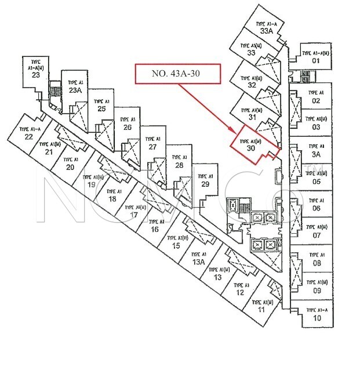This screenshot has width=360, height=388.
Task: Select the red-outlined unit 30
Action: tap(251, 145)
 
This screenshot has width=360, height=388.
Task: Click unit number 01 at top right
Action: tap(316, 60)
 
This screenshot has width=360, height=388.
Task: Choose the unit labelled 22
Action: tap(28, 137)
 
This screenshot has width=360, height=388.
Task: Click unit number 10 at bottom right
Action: tap(317, 318)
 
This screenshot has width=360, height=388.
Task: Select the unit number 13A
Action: tap(199, 262)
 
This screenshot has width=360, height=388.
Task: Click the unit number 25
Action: tap(101, 108)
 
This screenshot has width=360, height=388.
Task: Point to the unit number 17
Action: tap(134, 215)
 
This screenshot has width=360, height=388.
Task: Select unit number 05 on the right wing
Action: tap(316, 181)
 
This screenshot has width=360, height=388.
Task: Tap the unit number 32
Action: tap(252, 85)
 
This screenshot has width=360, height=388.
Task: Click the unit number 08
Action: tap(317, 263)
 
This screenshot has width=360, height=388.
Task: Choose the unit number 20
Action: tap(70, 167)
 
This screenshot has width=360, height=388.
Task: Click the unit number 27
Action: tap(153, 147)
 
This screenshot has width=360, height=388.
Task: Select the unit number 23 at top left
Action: tap(35, 74)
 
